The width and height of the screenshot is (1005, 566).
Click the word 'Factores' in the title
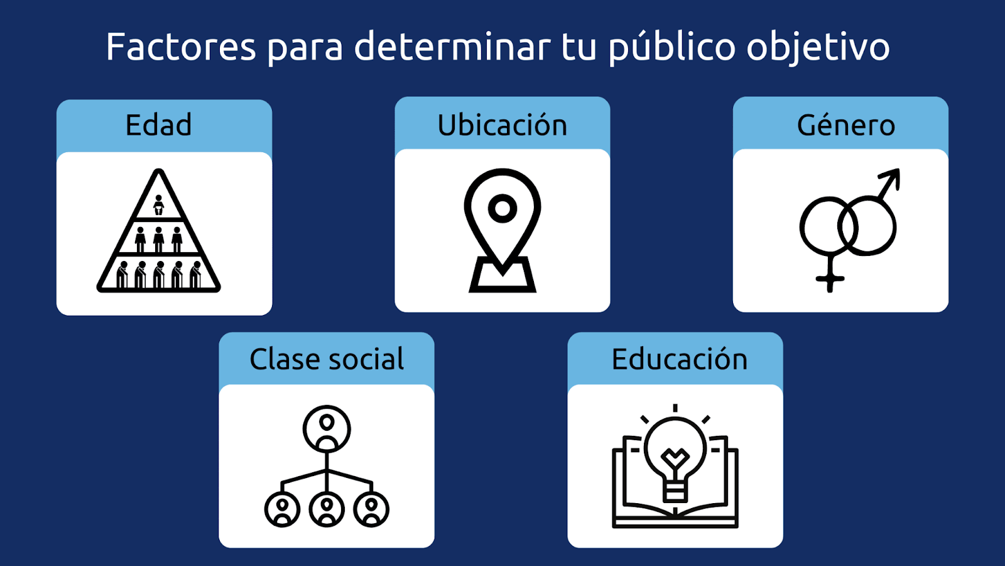pyautogui.click(x=181, y=47)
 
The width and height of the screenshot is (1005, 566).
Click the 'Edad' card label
pyautogui.click(x=158, y=125)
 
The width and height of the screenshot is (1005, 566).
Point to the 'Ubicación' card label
pyautogui.click(x=502, y=125)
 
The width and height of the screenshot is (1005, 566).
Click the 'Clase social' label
pyautogui.click(x=327, y=359)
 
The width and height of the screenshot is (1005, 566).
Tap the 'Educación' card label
pyautogui.click(x=679, y=359)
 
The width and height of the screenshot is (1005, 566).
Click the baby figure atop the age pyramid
pyautogui.click(x=158, y=205)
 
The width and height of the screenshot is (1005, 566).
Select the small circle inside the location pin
pyautogui.click(x=503, y=208)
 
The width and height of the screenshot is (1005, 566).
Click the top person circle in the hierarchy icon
pyautogui.click(x=327, y=428)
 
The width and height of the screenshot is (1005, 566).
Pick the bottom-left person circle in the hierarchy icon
pyautogui.click(x=282, y=509)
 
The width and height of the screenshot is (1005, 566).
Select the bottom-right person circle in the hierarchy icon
pyautogui.click(x=371, y=509)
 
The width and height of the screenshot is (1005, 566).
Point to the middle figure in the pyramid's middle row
pyautogui.click(x=158, y=240)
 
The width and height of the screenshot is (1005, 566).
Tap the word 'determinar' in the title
pyautogui.click(x=452, y=47)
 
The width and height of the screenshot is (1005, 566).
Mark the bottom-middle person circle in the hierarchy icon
pyautogui.click(x=327, y=509)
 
